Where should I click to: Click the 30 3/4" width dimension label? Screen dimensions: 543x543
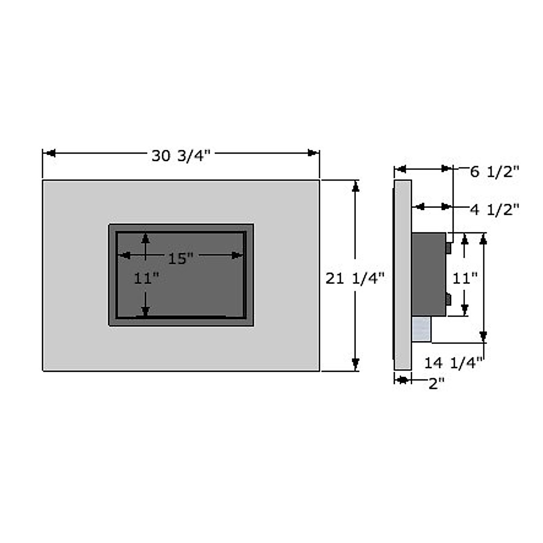pos(181,156)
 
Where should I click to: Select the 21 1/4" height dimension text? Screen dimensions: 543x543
pos(355,278)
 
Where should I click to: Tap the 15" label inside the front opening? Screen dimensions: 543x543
pos(181,258)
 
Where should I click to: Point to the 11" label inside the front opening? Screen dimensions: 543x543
pos(146,278)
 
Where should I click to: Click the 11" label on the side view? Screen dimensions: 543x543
pos(465,278)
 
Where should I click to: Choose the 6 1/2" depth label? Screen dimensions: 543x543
pos(494,172)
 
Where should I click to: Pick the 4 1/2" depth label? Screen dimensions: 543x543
pos(494,210)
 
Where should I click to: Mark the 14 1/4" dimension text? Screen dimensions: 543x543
pos(453,362)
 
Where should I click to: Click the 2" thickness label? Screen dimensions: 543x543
pos(436,384)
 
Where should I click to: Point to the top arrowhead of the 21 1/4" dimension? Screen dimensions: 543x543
pos(356,186)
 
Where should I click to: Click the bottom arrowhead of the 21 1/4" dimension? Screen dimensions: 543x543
pos(356,364)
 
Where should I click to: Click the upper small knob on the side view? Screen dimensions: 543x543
pos(448,248)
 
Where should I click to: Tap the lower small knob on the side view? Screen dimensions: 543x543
pos(448,299)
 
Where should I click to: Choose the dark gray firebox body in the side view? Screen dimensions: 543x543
pos(428,274)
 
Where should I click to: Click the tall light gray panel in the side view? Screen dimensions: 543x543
pos(402,274)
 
